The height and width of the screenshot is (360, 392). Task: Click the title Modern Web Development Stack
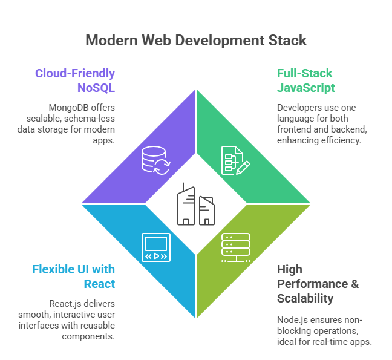(196, 41)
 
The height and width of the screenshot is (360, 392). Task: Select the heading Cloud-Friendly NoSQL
(75, 80)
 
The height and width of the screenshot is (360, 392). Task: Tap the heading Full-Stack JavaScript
(305, 80)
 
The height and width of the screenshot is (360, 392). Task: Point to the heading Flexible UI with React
(73, 277)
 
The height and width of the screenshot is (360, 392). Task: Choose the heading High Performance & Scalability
(318, 283)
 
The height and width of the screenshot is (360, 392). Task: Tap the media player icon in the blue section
(155, 247)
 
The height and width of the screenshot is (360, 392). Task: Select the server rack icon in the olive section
(235, 247)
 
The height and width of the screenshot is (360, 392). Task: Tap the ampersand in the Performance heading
(354, 283)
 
